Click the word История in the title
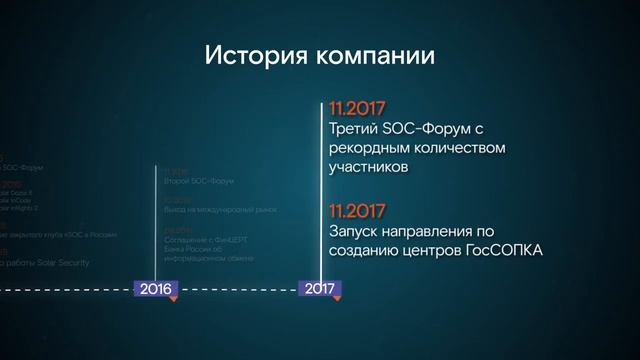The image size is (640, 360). (245, 54)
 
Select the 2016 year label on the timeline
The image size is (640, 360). (155, 288)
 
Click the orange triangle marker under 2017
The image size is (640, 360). (339, 297)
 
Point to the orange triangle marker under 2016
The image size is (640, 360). (174, 297)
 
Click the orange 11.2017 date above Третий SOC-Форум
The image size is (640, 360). (357, 108)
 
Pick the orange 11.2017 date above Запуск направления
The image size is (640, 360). (357, 211)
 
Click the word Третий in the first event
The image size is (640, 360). (352, 129)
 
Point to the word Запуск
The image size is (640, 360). (352, 232)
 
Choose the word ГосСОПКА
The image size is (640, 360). (504, 252)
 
